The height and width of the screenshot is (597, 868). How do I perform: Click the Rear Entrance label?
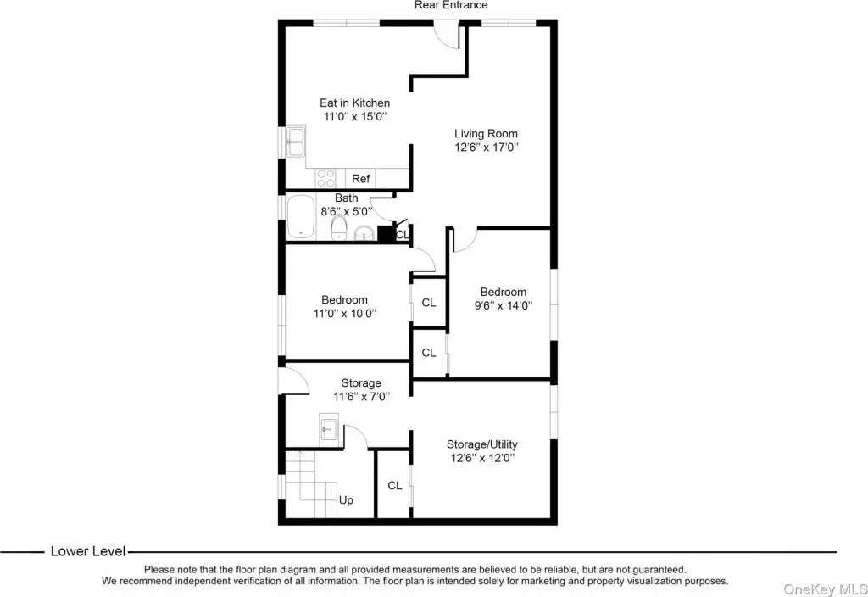pyautogui.click(x=451, y=6)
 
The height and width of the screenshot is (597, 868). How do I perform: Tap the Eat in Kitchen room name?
pyautogui.click(x=355, y=103)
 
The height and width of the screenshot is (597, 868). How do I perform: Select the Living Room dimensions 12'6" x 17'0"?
pyautogui.click(x=487, y=148)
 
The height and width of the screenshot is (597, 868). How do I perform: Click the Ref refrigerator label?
pyautogui.click(x=360, y=179)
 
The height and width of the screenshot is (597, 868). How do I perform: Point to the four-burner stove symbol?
pyautogui.click(x=326, y=178)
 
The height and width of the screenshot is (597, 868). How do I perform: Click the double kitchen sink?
pyautogui.click(x=296, y=142)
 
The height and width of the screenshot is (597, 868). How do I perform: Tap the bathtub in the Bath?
pyautogui.click(x=301, y=216)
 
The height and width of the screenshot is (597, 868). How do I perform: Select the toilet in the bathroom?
pyautogui.click(x=339, y=227)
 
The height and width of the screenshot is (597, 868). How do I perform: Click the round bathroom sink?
pyautogui.click(x=364, y=232)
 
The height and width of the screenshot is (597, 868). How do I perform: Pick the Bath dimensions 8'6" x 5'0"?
pyautogui.click(x=347, y=211)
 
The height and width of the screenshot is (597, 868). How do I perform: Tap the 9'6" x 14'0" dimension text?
pyautogui.click(x=504, y=305)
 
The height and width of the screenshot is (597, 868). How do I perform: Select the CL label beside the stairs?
pyautogui.click(x=395, y=486)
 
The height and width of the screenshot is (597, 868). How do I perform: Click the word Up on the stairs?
pyautogui.click(x=346, y=500)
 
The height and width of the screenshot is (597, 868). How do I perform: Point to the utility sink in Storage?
pyautogui.click(x=329, y=428)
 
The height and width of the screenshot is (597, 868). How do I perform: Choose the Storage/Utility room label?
pyautogui.click(x=482, y=444)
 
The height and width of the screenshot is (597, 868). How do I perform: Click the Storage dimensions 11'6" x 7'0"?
pyautogui.click(x=361, y=397)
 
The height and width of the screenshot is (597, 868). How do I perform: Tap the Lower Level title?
pyautogui.click(x=88, y=551)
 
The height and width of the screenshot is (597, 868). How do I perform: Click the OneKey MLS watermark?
pyautogui.click(x=826, y=589)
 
